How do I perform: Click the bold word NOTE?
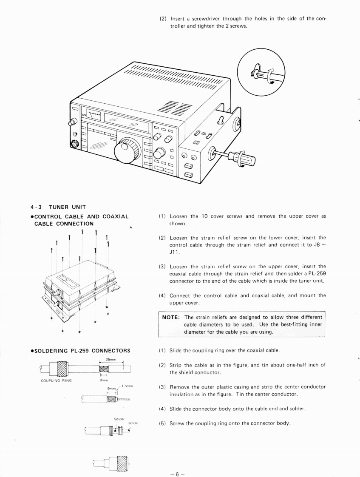point(173,317)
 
